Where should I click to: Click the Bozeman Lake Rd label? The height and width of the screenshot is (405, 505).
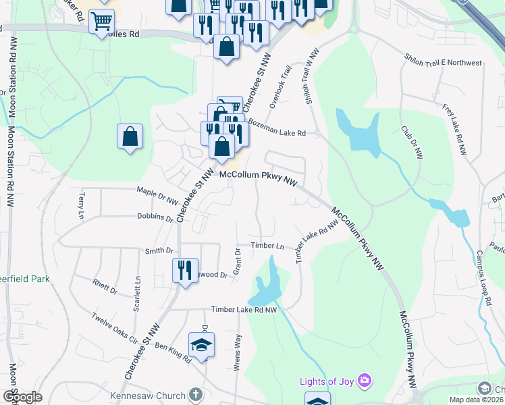pos(277,133)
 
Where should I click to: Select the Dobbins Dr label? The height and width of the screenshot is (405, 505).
pos(155,217)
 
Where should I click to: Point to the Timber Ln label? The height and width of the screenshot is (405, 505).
pos(267,246)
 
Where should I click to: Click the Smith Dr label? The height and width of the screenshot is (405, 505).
pos(159,250)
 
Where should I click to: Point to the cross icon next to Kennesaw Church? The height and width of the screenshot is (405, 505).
pos(195,394)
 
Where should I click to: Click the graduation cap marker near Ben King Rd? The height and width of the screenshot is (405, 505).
pos(201,346)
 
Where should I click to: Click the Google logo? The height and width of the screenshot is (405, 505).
pos(22,397)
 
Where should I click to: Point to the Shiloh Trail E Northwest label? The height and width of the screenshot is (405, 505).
pos(444,63)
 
